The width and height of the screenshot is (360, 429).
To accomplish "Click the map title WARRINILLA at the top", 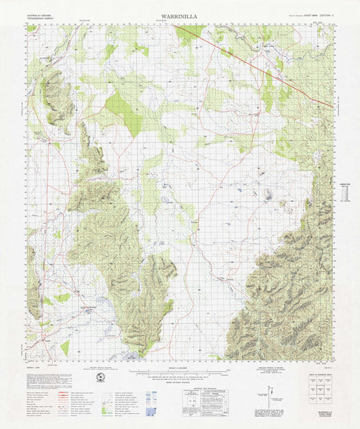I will (x=180, y=14).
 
